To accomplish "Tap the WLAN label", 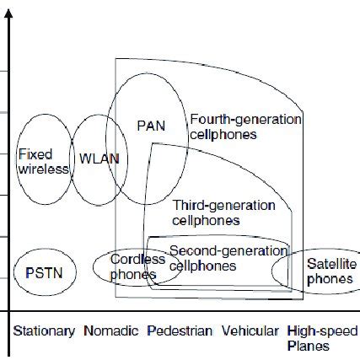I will pyautogui.click(x=99, y=158).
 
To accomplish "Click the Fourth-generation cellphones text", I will pyautogui.click(x=244, y=126).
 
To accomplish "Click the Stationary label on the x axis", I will pyautogui.click(x=44, y=330).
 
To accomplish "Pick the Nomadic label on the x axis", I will pyautogui.click(x=111, y=330).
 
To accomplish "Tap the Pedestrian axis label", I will pyautogui.click(x=179, y=330).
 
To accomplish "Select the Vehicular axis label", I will pyautogui.click(x=250, y=330).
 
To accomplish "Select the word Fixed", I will pyautogui.click(x=35, y=154).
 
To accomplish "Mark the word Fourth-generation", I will pyautogui.click(x=245, y=119).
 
